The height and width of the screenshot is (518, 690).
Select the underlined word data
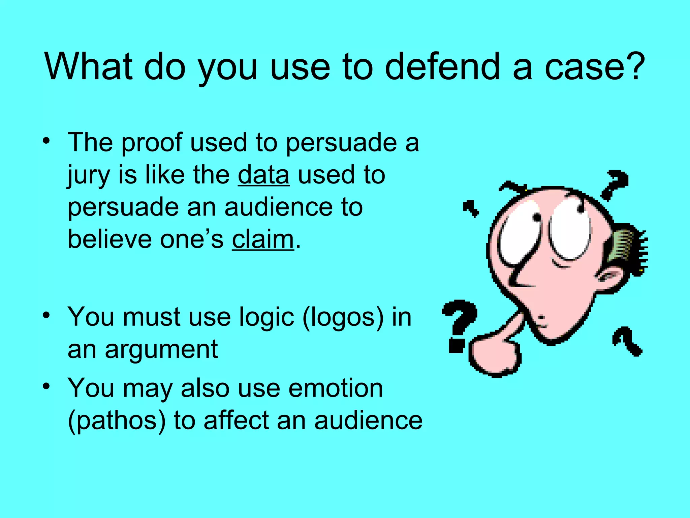click(x=263, y=175)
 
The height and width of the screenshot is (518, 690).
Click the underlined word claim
click(x=263, y=239)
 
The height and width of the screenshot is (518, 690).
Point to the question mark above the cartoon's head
click(x=615, y=184)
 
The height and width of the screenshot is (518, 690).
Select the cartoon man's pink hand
click(x=494, y=356)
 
